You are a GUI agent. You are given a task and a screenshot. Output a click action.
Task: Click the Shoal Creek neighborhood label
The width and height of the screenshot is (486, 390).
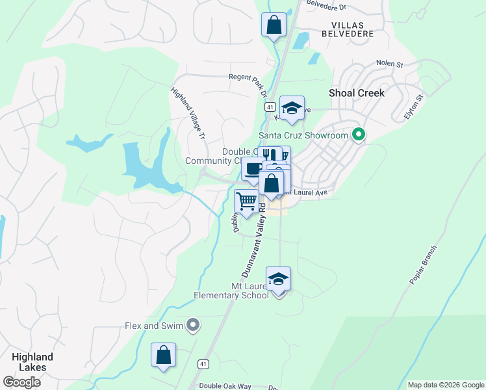(357, 93)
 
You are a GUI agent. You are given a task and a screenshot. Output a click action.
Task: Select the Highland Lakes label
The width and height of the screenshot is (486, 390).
(32, 363)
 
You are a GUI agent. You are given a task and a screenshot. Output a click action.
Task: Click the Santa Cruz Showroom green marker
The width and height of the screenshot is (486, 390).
(357, 135)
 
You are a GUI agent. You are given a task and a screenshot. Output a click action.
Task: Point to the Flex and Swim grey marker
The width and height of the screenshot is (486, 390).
(192, 325)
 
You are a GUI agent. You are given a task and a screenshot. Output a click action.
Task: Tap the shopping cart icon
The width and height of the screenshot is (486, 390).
(246, 201)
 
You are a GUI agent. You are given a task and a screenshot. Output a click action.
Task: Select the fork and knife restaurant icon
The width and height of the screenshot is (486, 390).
(270, 155)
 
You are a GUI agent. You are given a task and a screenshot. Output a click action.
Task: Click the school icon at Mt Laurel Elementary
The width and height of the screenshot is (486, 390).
(279, 279)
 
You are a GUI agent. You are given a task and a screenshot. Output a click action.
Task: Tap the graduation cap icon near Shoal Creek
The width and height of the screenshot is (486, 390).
(292, 108)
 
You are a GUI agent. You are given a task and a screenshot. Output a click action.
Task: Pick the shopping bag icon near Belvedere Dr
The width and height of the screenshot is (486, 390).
(274, 25)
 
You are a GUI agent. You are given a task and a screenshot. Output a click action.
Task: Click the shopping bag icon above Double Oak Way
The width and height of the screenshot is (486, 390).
(163, 355)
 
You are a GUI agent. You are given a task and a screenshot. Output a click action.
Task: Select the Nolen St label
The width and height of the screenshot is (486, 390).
(390, 64)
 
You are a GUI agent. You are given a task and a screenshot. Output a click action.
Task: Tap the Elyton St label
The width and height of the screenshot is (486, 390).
(413, 106)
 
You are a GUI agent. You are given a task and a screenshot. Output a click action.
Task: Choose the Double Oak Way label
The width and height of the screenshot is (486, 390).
(225, 385)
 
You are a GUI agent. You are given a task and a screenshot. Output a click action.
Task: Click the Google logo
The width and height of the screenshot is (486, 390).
(21, 382)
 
